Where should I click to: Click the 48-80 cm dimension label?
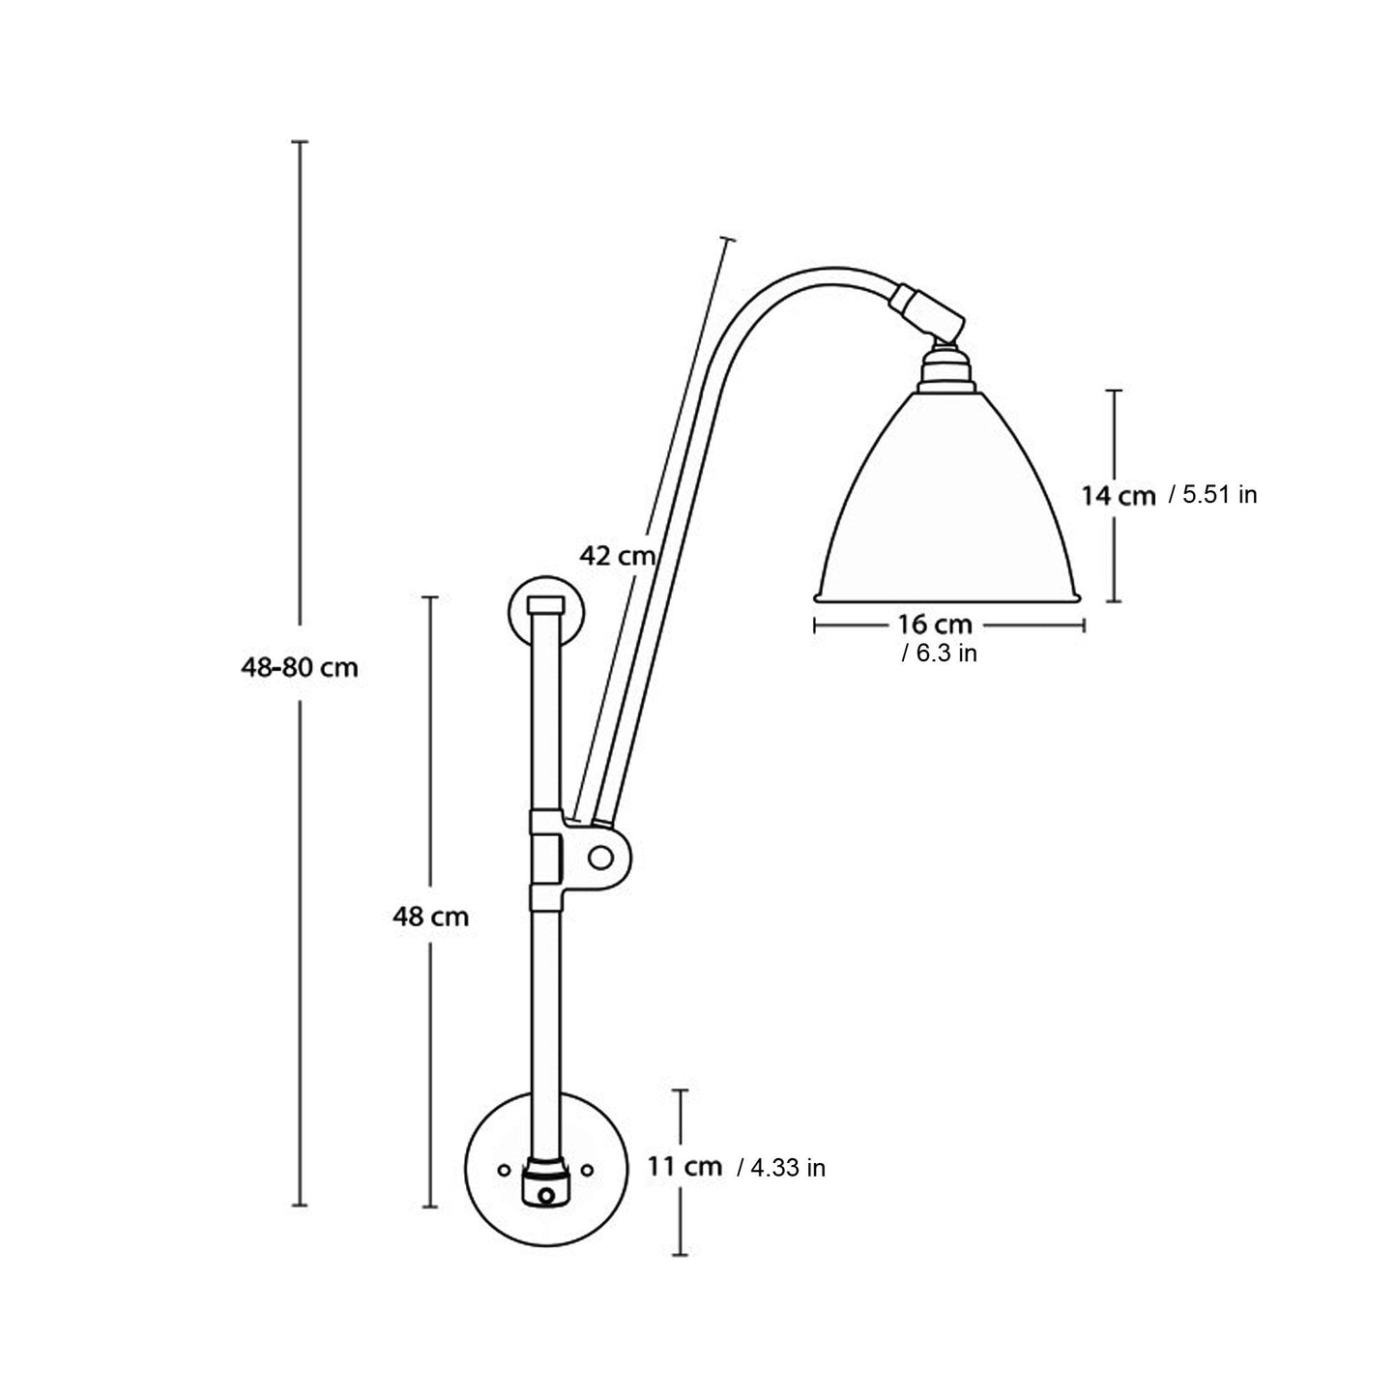tap(300, 667)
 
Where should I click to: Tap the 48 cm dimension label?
tap(430, 916)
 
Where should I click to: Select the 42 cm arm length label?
tap(617, 556)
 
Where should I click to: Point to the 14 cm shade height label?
tap(1118, 496)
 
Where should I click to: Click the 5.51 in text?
tap(1212, 495)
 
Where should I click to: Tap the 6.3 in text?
tap(940, 654)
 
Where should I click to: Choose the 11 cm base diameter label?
tap(684, 1166)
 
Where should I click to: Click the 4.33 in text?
tap(781, 1168)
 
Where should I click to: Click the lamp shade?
tap(947, 503)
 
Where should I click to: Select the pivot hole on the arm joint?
tap(600, 857)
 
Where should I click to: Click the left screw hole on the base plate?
tap(503, 1170)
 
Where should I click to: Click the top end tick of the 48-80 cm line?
tap(300, 142)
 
